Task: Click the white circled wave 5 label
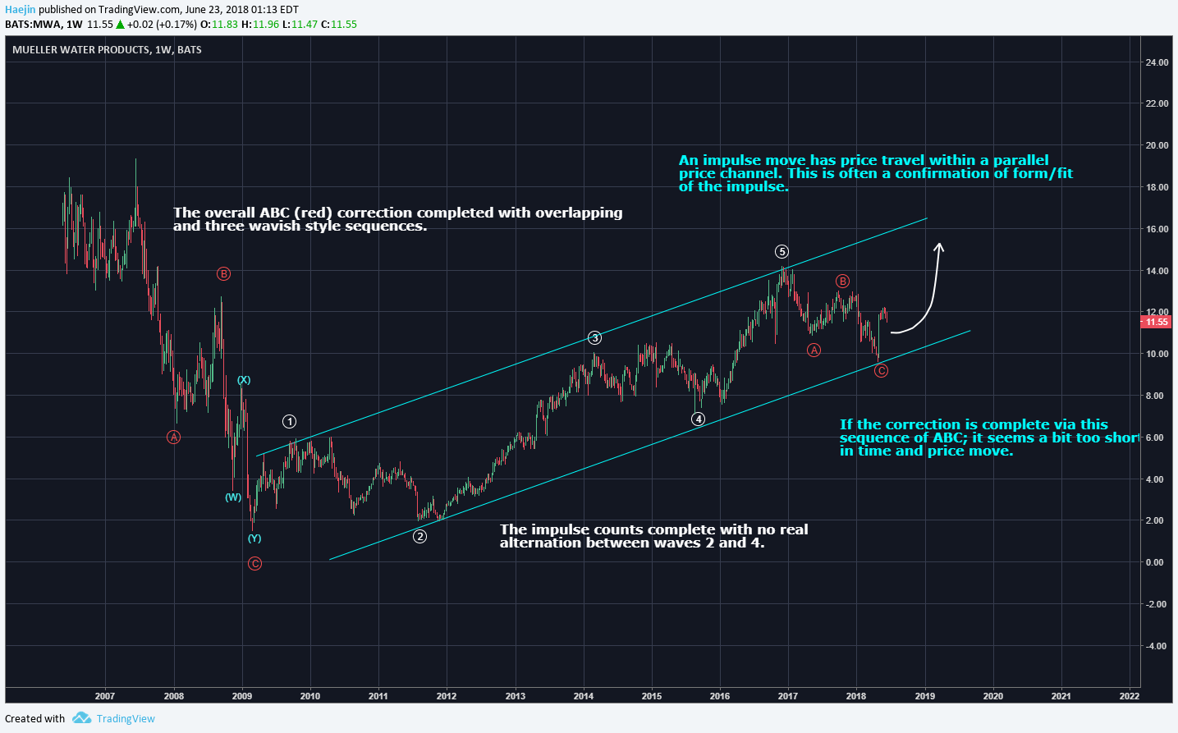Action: pyautogui.click(x=782, y=252)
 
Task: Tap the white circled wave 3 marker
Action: pyautogui.click(x=595, y=338)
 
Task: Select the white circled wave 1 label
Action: pyautogui.click(x=289, y=422)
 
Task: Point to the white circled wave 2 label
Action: pyautogui.click(x=419, y=537)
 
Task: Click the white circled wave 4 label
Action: pyautogui.click(x=698, y=419)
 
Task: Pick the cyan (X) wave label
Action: pyautogui.click(x=244, y=380)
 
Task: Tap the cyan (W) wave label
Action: pyautogui.click(x=233, y=497)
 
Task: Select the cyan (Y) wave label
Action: pyautogui.click(x=254, y=538)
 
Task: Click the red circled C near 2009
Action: pyautogui.click(x=254, y=564)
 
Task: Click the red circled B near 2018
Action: pyautogui.click(x=842, y=282)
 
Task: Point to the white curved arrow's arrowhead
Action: pyautogui.click(x=939, y=247)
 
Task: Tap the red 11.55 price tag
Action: pyautogui.click(x=1157, y=322)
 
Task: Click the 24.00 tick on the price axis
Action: pyautogui.click(x=1157, y=62)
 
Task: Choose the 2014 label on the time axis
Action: pyautogui.click(x=584, y=696)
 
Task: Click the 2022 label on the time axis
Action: pyautogui.click(x=1129, y=696)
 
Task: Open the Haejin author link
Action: pyautogui.click(x=21, y=10)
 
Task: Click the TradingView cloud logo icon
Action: pyautogui.click(x=81, y=718)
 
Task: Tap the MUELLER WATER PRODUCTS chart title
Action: pyautogui.click(x=107, y=50)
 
